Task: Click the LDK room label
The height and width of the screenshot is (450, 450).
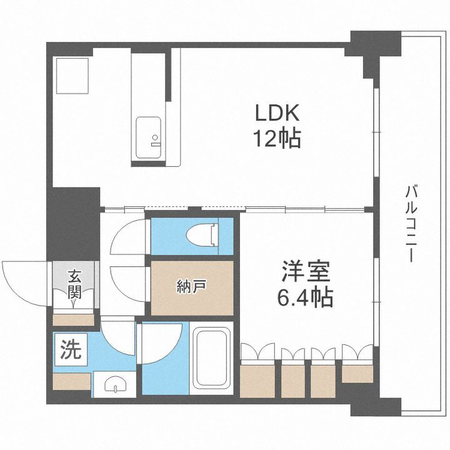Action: [x=277, y=114]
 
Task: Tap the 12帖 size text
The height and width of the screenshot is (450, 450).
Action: [x=277, y=138]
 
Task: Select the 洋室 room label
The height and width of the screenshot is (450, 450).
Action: [x=305, y=273]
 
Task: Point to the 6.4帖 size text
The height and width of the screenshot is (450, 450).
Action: [x=305, y=296]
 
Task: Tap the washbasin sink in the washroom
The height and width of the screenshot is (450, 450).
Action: [x=113, y=383]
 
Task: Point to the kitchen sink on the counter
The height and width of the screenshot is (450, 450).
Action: [x=149, y=139]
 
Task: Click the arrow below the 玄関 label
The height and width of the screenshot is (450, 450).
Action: [x=75, y=303]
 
